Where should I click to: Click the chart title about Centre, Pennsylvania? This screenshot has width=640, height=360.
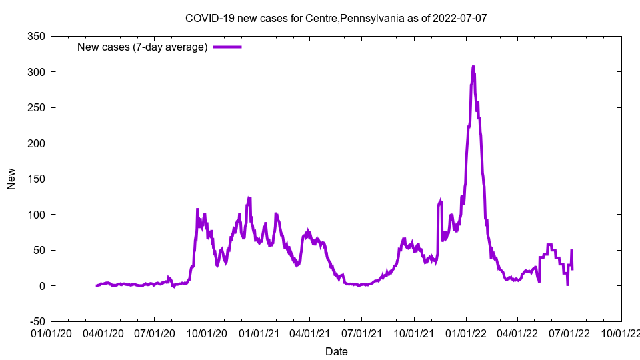coord(336,18)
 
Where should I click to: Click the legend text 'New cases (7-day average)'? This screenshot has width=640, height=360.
coord(143,47)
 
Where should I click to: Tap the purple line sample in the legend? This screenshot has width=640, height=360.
coord(227,47)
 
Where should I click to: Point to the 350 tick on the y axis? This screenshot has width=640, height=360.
coord(37,36)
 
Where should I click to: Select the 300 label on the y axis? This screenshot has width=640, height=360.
coord(37,72)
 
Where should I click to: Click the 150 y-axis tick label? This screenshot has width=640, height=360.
coord(37,179)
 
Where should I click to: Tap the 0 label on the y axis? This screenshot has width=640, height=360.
coord(41,286)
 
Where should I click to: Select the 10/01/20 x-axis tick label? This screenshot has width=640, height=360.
coord(206,332)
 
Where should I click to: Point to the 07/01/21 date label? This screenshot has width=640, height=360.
coord(361,332)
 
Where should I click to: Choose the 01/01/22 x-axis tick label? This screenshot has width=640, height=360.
coord(465,332)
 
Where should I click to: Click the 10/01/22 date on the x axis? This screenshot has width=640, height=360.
coord(621,332)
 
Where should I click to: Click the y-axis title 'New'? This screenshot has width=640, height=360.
coord(11,179)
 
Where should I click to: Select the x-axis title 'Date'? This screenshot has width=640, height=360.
coord(336,351)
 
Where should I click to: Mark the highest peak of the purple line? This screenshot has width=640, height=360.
coord(473,67)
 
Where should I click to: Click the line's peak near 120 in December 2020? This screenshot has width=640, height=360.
coord(249,198)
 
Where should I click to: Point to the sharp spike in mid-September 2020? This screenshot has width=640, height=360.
coord(197,209)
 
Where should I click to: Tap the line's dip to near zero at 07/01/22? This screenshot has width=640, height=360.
coord(567,285)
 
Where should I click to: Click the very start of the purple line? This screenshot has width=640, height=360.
coord(97,286)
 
